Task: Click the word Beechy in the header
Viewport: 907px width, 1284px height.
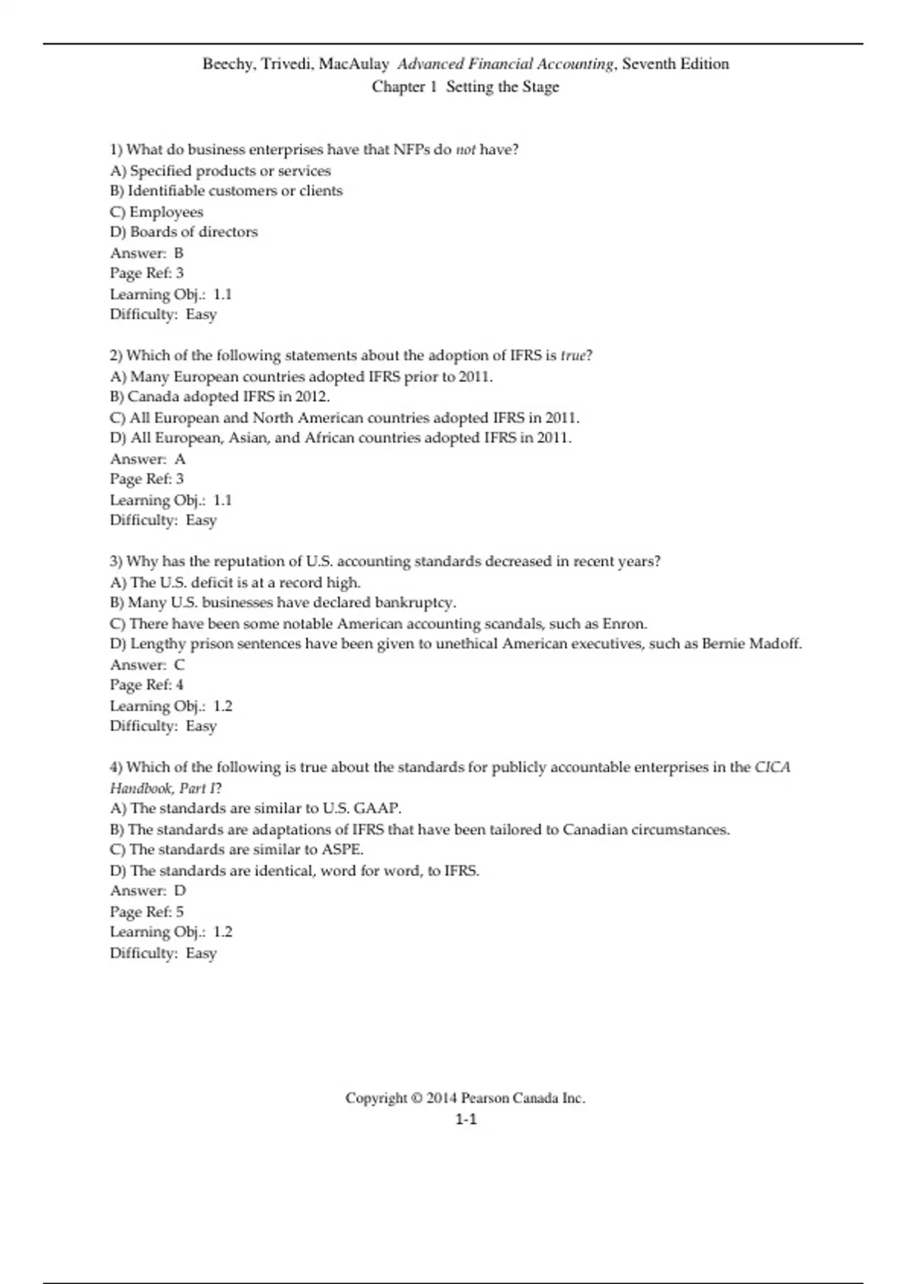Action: click(227, 64)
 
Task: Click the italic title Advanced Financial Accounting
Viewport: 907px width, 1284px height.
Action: click(506, 64)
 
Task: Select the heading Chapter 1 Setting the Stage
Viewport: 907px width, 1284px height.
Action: click(465, 87)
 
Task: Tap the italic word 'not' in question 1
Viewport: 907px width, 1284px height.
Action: click(466, 150)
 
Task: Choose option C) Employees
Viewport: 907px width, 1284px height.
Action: click(156, 212)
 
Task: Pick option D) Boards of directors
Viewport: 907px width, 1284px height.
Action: click(184, 232)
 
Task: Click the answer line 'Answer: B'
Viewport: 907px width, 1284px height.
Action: click(147, 253)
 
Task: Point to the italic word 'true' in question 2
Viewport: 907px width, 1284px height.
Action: click(573, 356)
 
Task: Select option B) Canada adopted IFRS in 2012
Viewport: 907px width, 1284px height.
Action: click(220, 397)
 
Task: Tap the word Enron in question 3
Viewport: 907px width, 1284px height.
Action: click(624, 624)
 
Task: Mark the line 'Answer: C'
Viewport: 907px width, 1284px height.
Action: click(147, 665)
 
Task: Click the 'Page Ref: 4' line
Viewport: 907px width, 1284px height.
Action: click(147, 685)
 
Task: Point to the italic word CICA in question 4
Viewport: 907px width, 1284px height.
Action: click(772, 767)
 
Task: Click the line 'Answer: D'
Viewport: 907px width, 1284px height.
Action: click(147, 890)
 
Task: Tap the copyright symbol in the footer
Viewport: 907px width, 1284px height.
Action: click(416, 1098)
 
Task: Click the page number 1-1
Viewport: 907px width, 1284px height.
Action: click(466, 1119)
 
